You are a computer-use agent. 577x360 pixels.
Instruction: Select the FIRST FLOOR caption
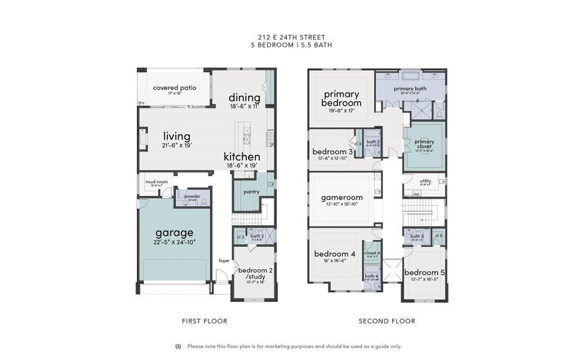coord(205,321)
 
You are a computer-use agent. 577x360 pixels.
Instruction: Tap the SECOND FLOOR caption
coord(387,321)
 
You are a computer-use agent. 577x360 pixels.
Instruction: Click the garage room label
coord(174,233)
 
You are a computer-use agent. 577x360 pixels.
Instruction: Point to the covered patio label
coord(174,88)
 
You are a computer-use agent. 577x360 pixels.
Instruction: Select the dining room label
coord(244,98)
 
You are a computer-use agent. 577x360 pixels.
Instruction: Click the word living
coord(177,136)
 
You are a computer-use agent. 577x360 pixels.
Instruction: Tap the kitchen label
coord(242,157)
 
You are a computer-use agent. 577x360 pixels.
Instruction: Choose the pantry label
coord(251,191)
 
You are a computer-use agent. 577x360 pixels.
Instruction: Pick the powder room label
coord(192,196)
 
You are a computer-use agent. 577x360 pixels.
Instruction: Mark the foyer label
coord(224,260)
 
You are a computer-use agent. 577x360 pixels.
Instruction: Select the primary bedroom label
coord(342,98)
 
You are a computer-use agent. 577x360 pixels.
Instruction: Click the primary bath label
coord(410,89)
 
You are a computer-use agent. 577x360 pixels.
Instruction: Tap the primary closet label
coord(424,145)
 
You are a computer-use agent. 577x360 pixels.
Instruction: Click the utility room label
coord(425,180)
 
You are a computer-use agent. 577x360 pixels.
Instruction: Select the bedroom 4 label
coord(334,254)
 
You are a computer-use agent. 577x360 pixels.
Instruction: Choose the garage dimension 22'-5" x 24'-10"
coord(174,242)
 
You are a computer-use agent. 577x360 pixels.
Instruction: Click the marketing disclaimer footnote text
coord(294,346)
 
